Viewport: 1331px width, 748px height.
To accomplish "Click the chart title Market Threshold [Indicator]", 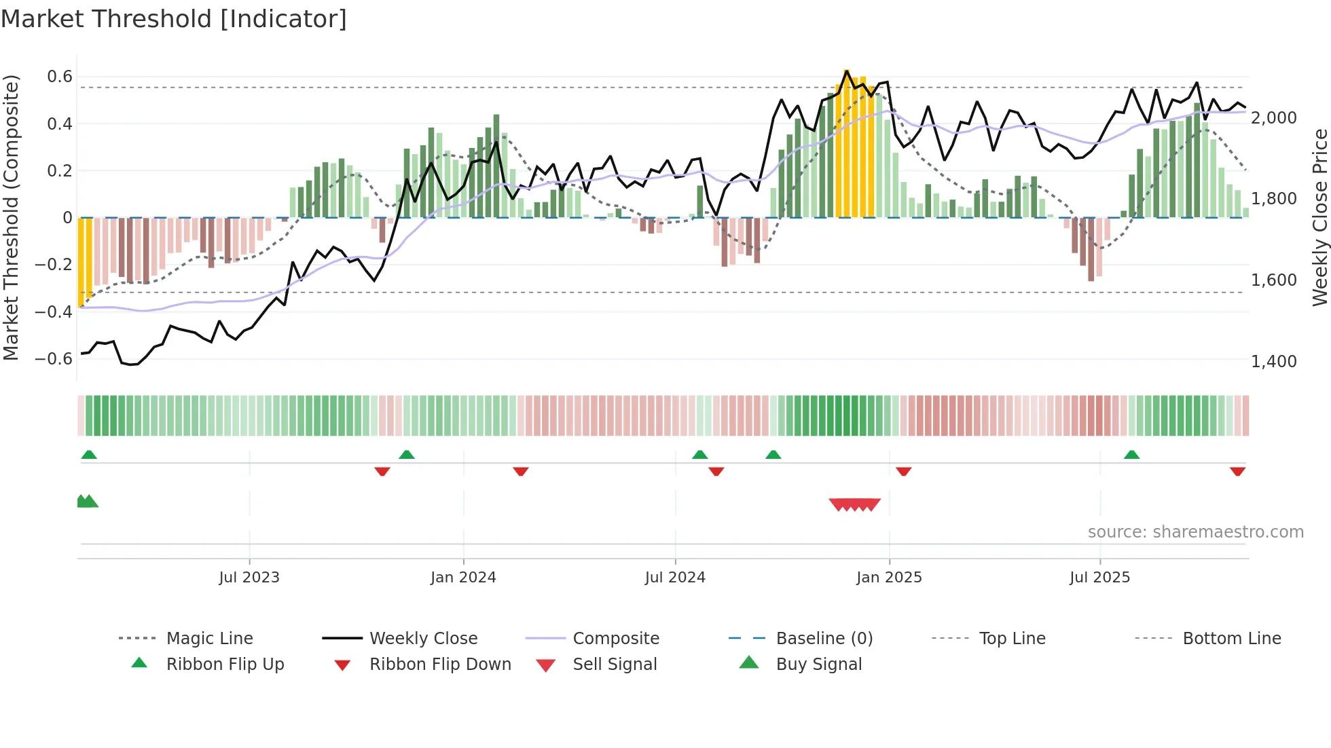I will (x=174, y=19).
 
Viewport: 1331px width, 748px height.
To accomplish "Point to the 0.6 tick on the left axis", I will (x=60, y=77).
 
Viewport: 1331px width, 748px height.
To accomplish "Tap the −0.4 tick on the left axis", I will (x=54, y=312).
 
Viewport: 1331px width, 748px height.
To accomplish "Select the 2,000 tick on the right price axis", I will (x=1274, y=118).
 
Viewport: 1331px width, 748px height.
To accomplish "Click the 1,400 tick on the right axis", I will (x=1274, y=362).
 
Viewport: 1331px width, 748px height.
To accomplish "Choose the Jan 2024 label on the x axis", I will (x=463, y=578).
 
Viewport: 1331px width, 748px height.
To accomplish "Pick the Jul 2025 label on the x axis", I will (x=1099, y=578).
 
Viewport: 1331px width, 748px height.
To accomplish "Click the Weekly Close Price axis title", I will (x=1319, y=217).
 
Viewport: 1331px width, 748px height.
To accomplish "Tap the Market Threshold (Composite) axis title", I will (x=11, y=217).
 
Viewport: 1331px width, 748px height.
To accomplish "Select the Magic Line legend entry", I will (x=209, y=639).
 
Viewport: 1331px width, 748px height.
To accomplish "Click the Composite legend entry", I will (x=615, y=639).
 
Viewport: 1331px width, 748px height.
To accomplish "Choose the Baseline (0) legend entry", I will (x=824, y=639).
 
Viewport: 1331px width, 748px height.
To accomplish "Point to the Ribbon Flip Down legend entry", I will (x=439, y=665).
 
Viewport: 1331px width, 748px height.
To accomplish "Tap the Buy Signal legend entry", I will (x=818, y=665).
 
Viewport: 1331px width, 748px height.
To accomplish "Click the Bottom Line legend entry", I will (x=1231, y=639).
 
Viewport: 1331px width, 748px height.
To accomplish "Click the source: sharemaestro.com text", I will (x=1195, y=532).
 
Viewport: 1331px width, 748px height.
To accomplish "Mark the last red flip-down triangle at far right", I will (x=1237, y=471).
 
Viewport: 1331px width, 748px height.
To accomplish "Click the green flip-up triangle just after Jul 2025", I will (x=1131, y=455).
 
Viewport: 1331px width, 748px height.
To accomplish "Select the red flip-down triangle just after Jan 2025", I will (x=903, y=471).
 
